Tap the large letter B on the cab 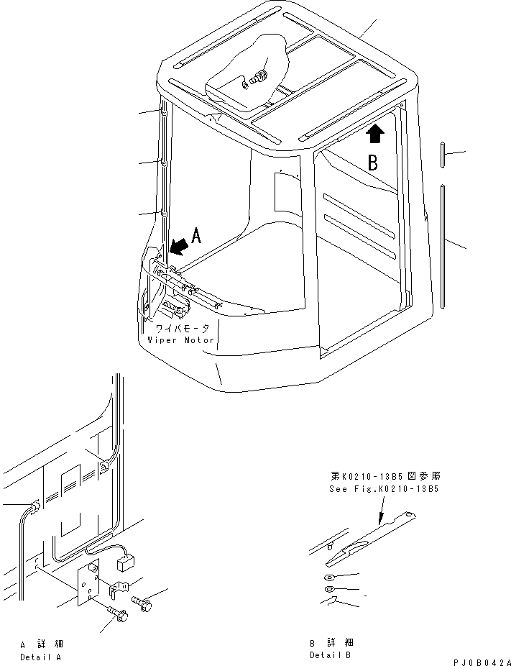click(x=373, y=163)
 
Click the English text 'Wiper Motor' click(x=180, y=339)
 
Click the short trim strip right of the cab click(x=443, y=156)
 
